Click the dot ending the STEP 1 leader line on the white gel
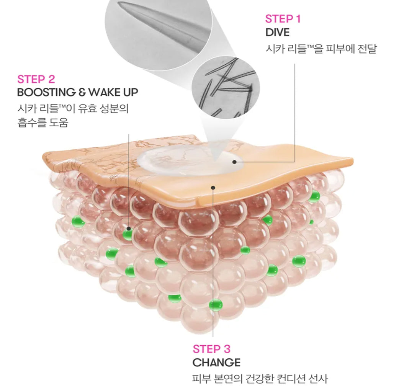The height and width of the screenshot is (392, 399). (x=234, y=162)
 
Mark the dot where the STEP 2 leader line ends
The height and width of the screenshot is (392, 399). (x=129, y=229)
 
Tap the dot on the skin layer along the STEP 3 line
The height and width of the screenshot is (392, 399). (x=213, y=188)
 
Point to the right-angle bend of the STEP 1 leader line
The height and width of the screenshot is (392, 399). (x=295, y=162)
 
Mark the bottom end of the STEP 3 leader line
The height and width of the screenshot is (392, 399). (x=213, y=336)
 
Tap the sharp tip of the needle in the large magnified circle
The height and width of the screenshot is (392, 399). (x=119, y=3)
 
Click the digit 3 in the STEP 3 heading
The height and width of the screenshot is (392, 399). (x=227, y=349)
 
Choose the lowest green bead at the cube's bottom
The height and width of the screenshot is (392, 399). (x=216, y=305)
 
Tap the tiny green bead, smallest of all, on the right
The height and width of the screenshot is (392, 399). (x=311, y=222)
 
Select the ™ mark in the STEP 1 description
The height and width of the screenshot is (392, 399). (x=310, y=47)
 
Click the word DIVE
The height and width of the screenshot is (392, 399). (x=277, y=33)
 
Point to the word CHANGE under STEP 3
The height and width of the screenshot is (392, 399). (x=216, y=363)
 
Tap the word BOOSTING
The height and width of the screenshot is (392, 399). (x=46, y=92)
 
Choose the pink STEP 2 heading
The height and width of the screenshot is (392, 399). (x=36, y=79)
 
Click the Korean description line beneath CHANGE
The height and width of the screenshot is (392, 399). (x=260, y=379)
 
